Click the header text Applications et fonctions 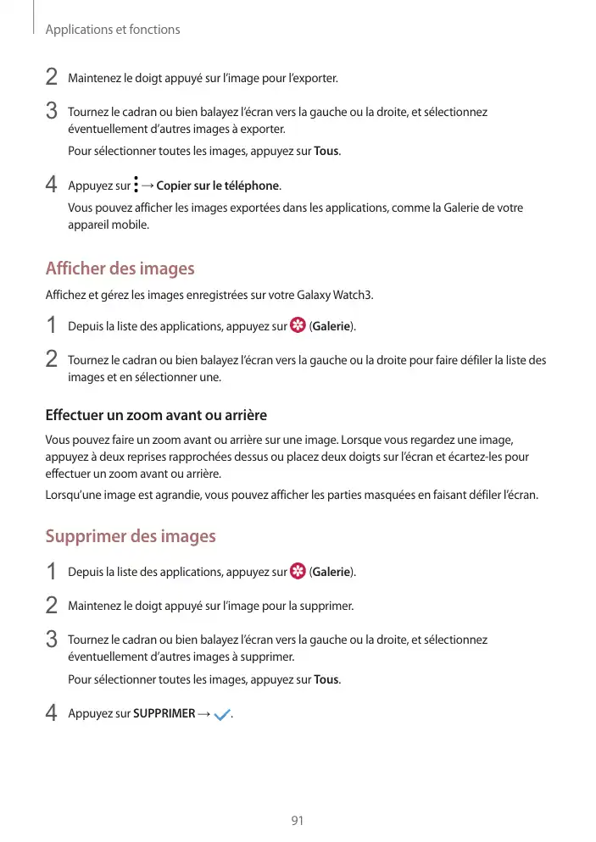(113, 30)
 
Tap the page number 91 (298, 821)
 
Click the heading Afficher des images (120, 269)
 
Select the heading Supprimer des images (130, 536)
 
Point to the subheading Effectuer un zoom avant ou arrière (155, 416)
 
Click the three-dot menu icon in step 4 (136, 185)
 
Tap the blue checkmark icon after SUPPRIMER (223, 715)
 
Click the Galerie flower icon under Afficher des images (298, 326)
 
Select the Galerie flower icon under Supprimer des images (298, 572)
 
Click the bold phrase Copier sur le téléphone (218, 186)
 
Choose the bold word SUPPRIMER (164, 714)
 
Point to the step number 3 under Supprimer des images (52, 640)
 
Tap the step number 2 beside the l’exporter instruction (52, 79)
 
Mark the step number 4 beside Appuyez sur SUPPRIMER (52, 714)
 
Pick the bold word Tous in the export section (326, 152)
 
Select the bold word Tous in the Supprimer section (326, 680)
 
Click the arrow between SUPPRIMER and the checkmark (203, 714)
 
